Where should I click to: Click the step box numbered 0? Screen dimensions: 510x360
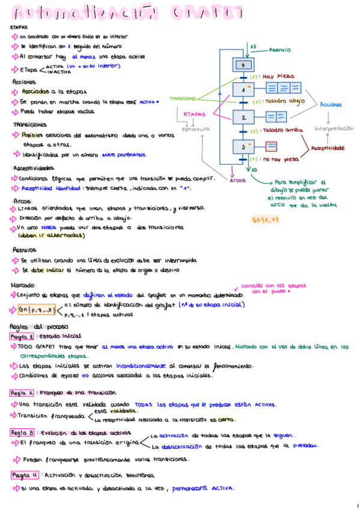243,64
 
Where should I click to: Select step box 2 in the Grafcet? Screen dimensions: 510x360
243,118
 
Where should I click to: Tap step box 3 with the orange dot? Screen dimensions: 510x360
243,146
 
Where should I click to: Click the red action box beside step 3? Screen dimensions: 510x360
272,146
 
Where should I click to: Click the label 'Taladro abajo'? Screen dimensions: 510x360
282,102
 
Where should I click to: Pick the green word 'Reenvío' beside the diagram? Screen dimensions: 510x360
280,51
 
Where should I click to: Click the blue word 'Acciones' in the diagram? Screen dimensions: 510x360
331,105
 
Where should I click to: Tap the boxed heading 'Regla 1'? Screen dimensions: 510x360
23,337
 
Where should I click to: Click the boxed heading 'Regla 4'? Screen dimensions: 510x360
23,475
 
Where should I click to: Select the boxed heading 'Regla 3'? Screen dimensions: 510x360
23,432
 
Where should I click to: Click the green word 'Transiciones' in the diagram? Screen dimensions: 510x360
183,98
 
